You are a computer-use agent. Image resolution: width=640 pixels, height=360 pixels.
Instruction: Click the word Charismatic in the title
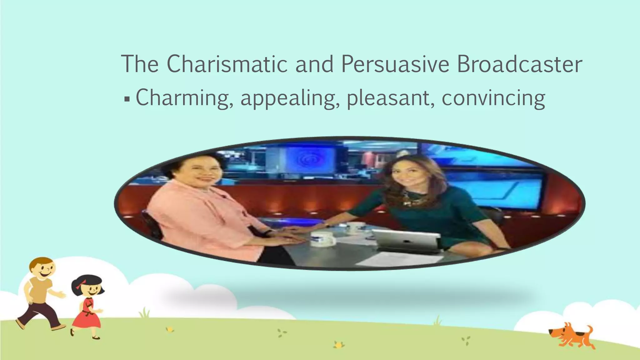click(227, 64)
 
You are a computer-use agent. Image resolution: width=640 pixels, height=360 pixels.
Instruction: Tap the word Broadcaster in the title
click(519, 64)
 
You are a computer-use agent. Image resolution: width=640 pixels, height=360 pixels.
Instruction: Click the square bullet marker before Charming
click(127, 99)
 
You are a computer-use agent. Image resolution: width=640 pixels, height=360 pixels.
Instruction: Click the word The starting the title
click(140, 64)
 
